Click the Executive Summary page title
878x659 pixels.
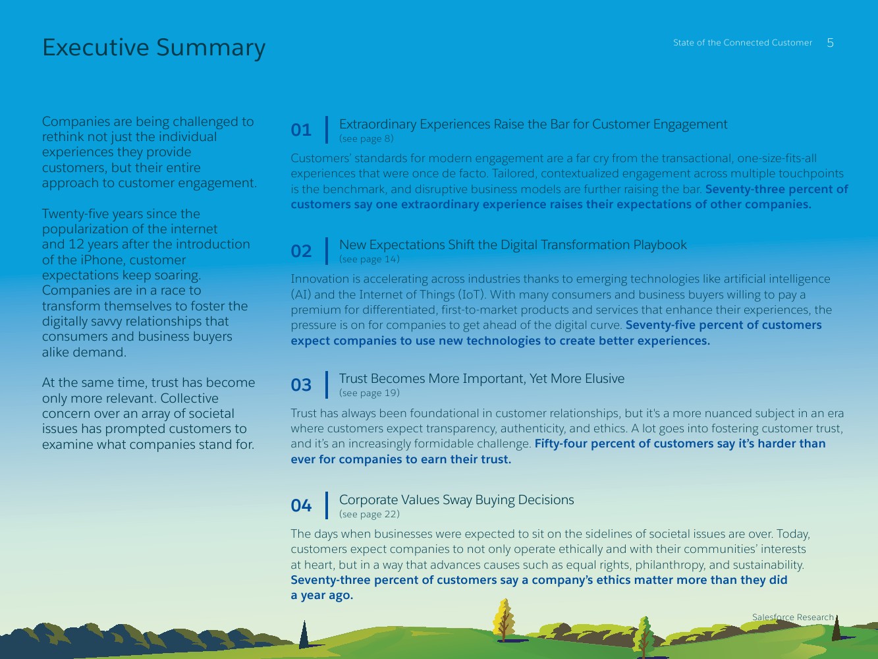tap(153, 47)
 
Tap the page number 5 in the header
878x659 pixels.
tap(830, 43)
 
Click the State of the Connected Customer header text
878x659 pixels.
tap(742, 43)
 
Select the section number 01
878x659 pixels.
tap(301, 130)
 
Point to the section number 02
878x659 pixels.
tap(301, 251)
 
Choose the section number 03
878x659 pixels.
tap(301, 385)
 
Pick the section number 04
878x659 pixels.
tap(301, 505)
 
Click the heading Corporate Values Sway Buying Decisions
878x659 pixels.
tap(456, 500)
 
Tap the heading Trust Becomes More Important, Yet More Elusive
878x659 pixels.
tap(481, 378)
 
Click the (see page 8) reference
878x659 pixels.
tap(366, 138)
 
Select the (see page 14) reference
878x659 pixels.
tap(369, 259)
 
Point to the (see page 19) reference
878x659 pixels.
tap(369, 393)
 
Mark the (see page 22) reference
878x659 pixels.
tap(369, 514)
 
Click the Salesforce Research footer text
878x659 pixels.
tap(792, 617)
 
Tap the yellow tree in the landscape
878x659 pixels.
tap(504, 618)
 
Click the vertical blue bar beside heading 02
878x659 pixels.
tap(327, 251)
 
